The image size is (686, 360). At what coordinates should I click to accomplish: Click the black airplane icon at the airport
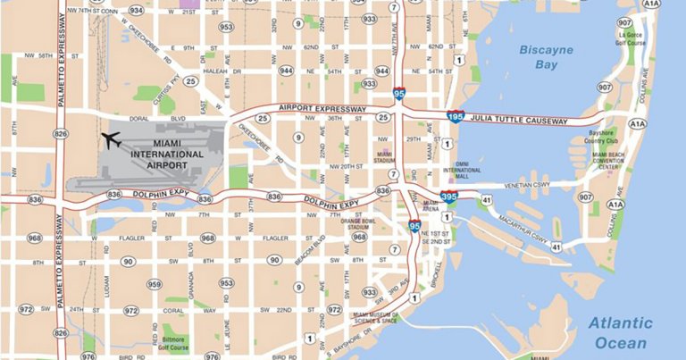tap(112, 140)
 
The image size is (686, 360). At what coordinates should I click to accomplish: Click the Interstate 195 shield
tap(455, 116)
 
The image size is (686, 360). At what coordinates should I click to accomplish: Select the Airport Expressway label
tap(322, 108)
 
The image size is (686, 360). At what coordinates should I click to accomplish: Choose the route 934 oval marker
tap(137, 11)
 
